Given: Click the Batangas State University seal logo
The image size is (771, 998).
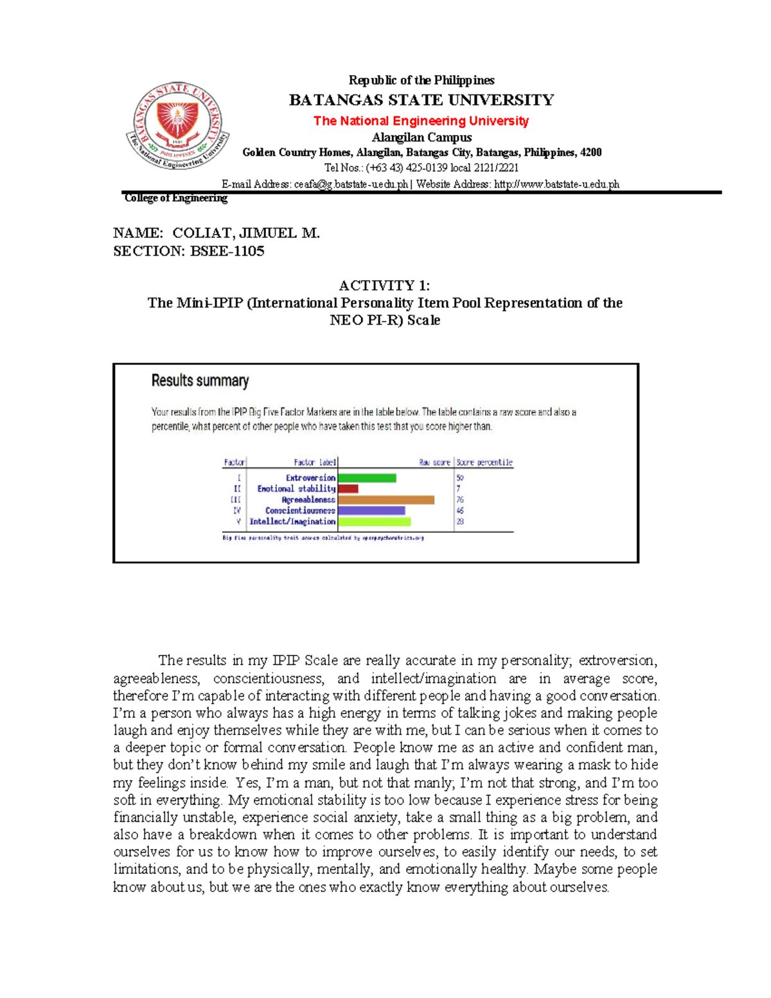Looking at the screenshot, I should point(178,126).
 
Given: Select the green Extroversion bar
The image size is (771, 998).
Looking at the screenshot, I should point(367,478).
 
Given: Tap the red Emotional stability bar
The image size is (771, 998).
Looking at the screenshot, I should point(348,489).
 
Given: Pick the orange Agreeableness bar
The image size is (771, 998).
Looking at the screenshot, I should point(386,500).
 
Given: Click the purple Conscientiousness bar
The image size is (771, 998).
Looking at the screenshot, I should point(371,511).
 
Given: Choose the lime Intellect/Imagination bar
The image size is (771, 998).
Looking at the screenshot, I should point(374,522).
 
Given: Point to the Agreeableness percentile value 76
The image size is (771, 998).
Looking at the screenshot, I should point(460,500).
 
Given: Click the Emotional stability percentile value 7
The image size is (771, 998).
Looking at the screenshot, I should point(458,489).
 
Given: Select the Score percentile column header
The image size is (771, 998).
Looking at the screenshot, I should point(484,462).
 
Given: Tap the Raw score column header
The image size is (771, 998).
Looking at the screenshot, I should point(435,462).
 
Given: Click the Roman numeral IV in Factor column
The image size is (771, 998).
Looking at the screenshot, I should point(236,511).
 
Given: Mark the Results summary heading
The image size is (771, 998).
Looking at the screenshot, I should point(200,381).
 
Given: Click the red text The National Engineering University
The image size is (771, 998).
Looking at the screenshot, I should point(421,121).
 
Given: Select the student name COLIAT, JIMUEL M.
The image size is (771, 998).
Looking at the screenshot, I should point(246,233).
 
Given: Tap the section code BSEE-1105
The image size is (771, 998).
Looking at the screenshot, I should point(227,251).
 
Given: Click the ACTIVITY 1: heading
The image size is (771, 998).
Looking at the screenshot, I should point(384,285).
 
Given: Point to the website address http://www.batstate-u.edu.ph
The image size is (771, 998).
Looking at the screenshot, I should point(556,184).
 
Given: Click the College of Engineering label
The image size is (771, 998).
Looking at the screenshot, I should point(175,198).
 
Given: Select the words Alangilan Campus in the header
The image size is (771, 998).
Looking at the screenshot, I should point(421,138).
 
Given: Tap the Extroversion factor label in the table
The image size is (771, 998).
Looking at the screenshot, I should point(310,478).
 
